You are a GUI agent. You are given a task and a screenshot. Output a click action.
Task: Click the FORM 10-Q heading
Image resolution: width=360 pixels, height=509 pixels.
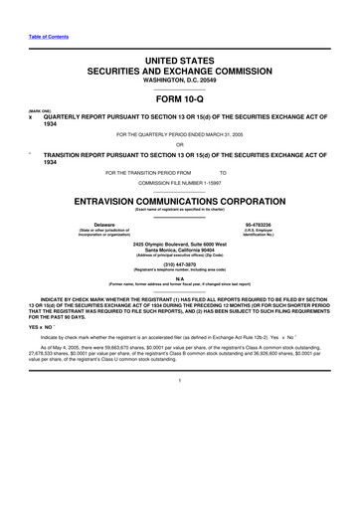tap(180, 100)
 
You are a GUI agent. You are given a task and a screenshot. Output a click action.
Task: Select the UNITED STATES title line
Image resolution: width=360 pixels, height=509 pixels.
tap(180, 62)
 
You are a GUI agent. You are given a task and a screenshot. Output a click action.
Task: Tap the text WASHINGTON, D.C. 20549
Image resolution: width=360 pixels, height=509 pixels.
tap(180, 83)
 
